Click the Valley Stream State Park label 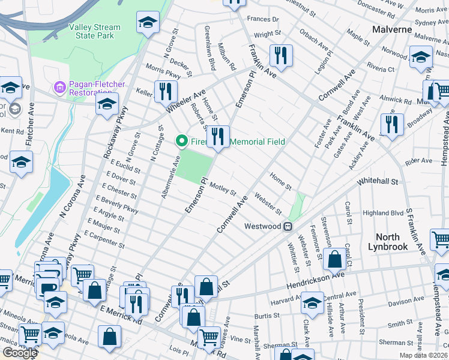pyautogui.click(x=94, y=32)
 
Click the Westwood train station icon pyautogui.click(x=289, y=226)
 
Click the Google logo pyautogui.click(x=20, y=353)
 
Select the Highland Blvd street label pyautogui.click(x=383, y=213)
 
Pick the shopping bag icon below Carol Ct pyautogui.click(x=335, y=259)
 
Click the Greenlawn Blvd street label pyautogui.click(x=210, y=48)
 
